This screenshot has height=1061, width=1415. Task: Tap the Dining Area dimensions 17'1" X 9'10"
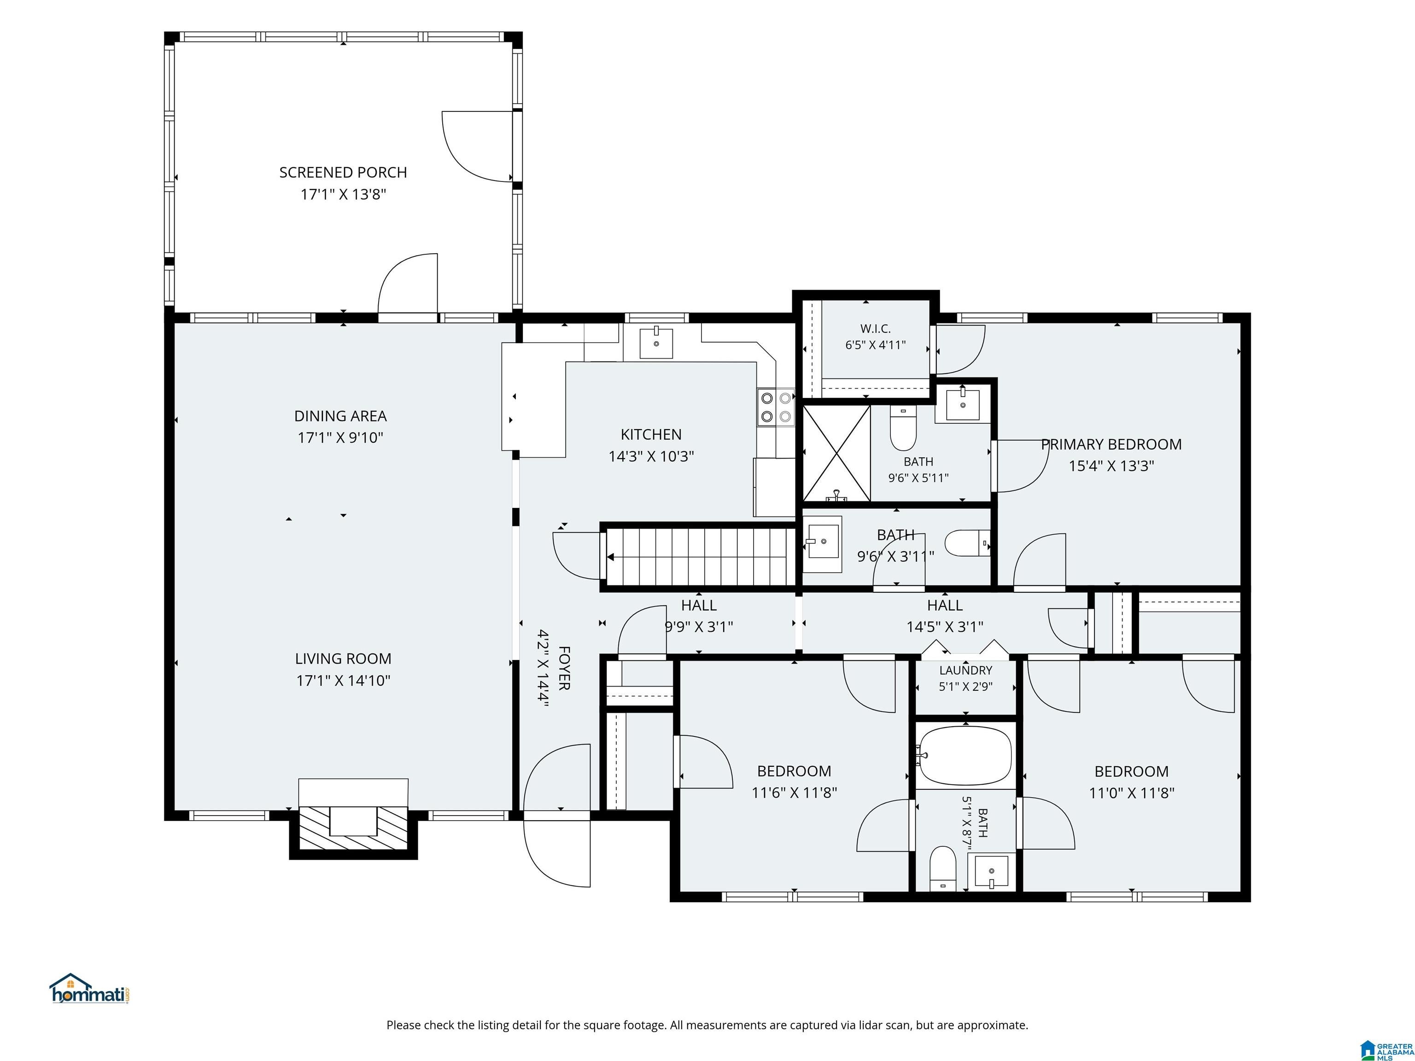[x=340, y=438]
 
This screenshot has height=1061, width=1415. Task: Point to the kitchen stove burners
[x=776, y=407]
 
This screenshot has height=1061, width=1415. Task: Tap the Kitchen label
[x=651, y=435]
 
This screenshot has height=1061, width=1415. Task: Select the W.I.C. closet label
[x=875, y=329]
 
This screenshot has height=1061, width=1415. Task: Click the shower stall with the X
[x=836, y=453]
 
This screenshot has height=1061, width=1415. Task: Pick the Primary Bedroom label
[x=1111, y=444]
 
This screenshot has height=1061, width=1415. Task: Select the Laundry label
[x=965, y=670]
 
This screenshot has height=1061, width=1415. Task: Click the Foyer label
[x=564, y=668]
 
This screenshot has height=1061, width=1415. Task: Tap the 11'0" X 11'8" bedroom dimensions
[x=1132, y=793]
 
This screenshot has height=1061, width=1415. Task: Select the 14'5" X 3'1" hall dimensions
[x=945, y=627]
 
